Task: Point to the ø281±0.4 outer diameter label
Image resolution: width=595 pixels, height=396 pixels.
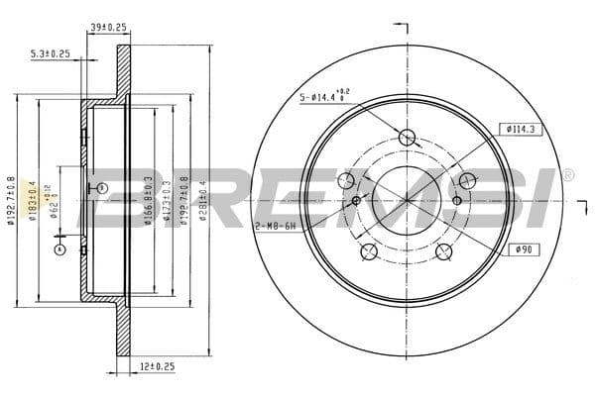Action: [202, 198]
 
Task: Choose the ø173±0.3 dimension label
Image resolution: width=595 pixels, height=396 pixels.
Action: [165, 198]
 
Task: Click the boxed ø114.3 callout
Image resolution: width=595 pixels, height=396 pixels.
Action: [521, 128]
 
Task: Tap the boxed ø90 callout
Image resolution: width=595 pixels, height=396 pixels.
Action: [524, 248]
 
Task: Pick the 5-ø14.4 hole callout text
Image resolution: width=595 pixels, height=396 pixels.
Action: [324, 98]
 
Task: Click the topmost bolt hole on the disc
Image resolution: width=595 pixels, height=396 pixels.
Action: [406, 138]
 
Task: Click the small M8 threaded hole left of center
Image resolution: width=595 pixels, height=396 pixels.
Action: [356, 201]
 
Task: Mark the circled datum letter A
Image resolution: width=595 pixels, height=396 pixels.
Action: [59, 249]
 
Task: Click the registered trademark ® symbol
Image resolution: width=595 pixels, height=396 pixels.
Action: [568, 174]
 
